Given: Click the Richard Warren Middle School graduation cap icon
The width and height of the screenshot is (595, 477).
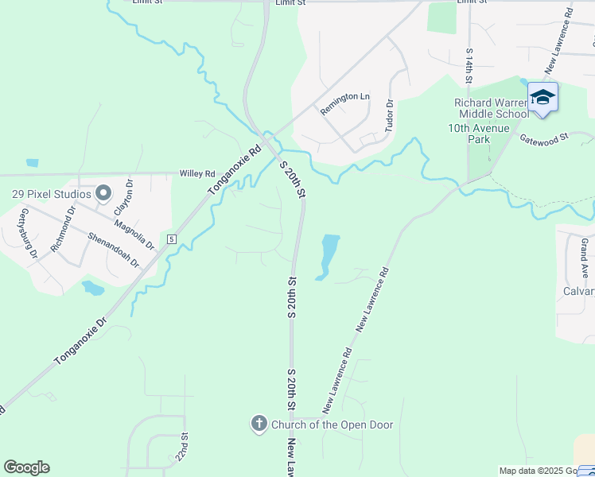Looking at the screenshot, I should point(542,97).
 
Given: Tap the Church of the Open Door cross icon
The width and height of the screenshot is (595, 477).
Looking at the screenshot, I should point(259,425).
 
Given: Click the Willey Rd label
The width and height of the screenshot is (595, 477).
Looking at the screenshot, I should point(197,173).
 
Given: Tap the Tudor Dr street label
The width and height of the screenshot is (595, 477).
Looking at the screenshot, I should point(390,116).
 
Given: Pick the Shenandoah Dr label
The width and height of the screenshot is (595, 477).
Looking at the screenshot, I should point(113,250).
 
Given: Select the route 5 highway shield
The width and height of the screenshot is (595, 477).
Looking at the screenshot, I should point(171,238).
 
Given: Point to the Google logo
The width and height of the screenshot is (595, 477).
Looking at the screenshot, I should point(26,467).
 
